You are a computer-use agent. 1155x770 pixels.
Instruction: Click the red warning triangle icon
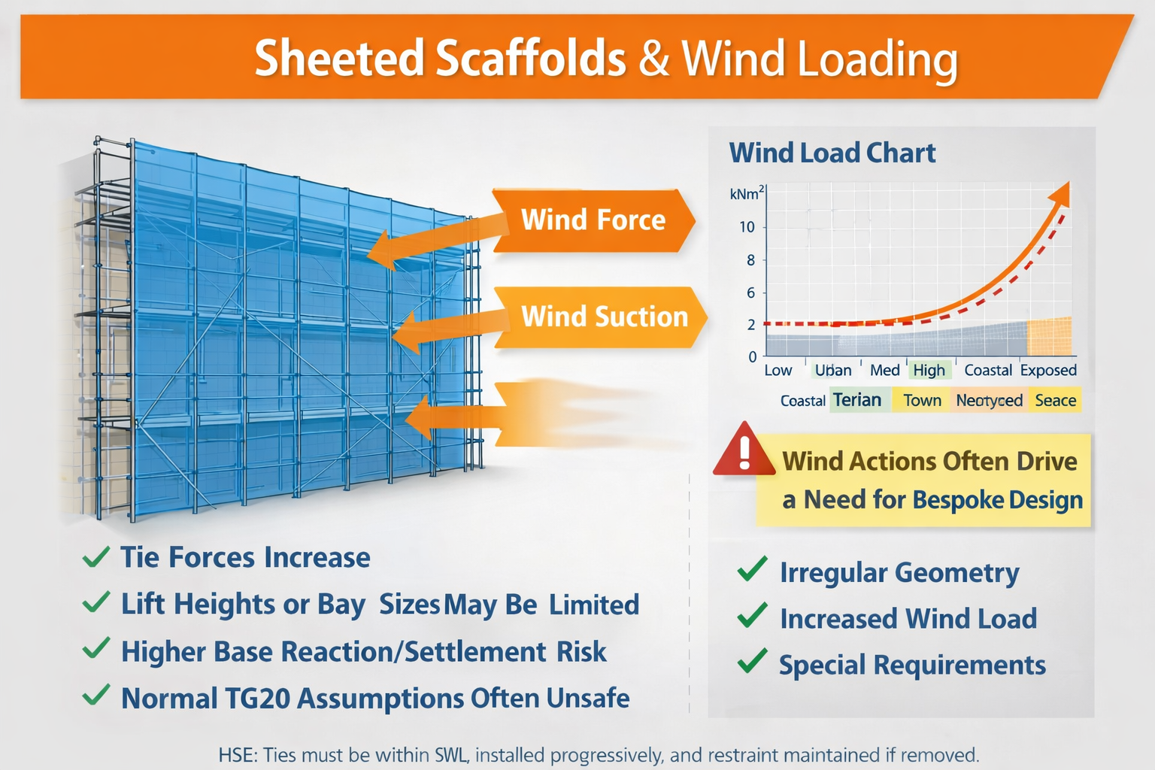pos(744,451)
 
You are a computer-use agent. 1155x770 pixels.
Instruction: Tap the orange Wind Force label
pos(593,220)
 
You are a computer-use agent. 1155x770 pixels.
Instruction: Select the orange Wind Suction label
pos(604,317)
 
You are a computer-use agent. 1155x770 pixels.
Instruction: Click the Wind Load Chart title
pos(832,153)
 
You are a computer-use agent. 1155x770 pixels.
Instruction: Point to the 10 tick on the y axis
pos(747,227)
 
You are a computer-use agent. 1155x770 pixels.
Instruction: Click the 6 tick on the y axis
pos(750,293)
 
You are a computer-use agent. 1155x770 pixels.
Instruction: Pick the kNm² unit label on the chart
pos(746,193)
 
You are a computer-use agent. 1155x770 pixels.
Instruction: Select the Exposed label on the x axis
pos(1047,370)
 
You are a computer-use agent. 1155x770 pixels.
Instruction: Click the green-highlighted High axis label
pos(929,370)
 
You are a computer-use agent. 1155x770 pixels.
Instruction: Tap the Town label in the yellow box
pos(922,400)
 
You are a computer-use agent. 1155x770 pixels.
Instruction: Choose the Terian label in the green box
pos(857,400)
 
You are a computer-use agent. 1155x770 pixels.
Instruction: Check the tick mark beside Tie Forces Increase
pos(96,557)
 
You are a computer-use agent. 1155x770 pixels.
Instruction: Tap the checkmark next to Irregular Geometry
pos(752,570)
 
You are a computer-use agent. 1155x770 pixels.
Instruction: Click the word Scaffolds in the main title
pos(530,59)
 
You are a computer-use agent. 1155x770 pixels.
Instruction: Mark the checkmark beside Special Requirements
pos(752,662)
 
